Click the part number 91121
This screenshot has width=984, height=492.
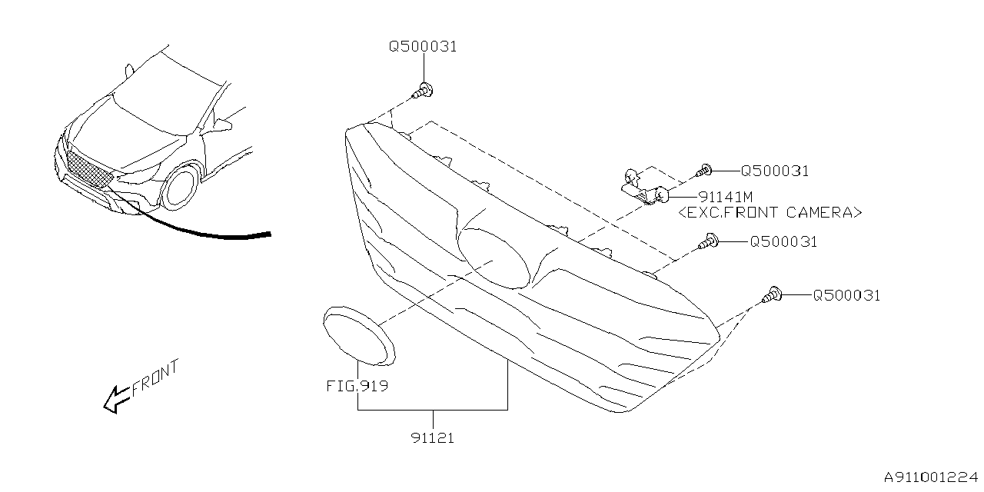(432, 438)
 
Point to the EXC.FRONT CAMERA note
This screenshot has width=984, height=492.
(770, 213)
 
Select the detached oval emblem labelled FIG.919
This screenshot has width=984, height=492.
(358, 335)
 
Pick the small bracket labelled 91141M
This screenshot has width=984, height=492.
(644, 189)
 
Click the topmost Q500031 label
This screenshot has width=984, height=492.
(423, 46)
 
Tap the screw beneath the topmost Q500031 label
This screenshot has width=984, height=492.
(422, 91)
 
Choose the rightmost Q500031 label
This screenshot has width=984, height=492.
(846, 295)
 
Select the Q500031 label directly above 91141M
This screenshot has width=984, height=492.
(774, 171)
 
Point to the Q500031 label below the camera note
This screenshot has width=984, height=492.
(783, 242)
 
